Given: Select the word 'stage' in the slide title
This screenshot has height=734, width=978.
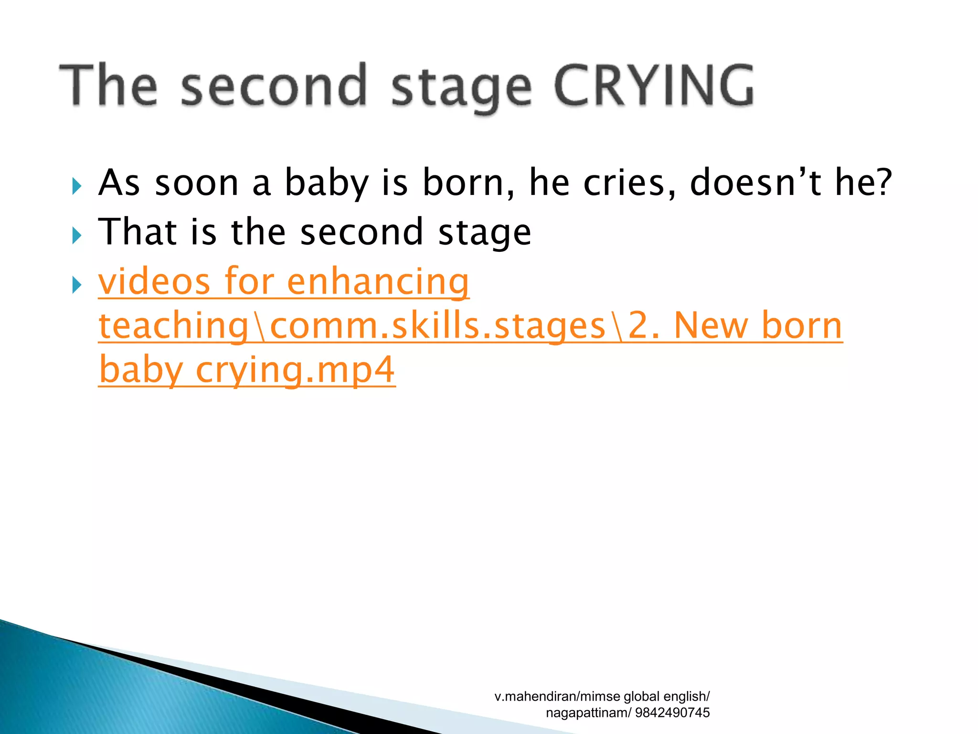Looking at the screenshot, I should tap(461, 88).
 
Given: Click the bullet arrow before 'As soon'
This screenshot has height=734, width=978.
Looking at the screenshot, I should tap(76, 185).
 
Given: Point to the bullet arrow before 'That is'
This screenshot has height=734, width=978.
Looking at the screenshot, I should tap(76, 235).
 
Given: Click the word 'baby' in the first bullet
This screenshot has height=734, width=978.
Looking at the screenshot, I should tap(327, 184).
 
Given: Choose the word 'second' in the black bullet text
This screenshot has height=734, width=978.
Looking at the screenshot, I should tap(361, 233).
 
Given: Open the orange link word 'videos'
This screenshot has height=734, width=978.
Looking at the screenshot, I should tap(154, 281).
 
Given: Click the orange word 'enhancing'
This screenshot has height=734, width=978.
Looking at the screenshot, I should tap(378, 282).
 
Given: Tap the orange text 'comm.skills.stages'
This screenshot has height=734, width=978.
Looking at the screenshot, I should tap(437, 326).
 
